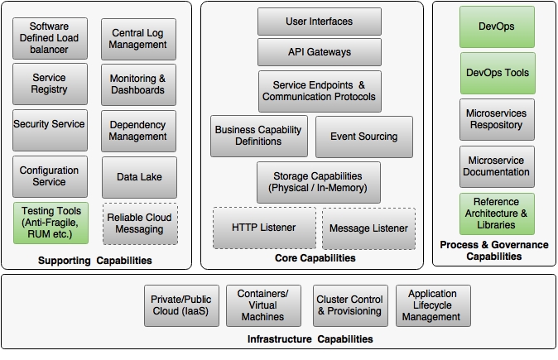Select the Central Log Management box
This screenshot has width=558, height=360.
[138, 39]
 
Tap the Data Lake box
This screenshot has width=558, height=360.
[138, 177]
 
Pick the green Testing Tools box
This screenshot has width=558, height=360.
[49, 223]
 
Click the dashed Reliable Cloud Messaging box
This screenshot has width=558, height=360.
[138, 223]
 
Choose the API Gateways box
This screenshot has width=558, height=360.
[319, 52]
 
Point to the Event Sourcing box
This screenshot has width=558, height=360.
[363, 137]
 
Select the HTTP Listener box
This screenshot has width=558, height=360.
[263, 228]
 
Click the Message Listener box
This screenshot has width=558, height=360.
[368, 228]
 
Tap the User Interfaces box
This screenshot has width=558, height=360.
[319, 22]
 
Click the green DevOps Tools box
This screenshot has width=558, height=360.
[497, 73]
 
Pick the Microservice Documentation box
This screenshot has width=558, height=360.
[497, 166]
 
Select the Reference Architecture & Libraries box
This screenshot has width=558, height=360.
[497, 214]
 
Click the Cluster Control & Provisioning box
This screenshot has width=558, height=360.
[349, 305]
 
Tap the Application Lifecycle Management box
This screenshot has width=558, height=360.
[432, 305]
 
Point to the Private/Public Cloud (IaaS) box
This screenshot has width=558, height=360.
[180, 305]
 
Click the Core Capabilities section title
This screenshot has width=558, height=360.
[315, 258]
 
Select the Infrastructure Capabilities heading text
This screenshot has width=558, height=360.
[310, 339]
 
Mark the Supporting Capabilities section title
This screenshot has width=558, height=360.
[95, 262]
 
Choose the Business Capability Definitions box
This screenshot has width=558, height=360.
[259, 137]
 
